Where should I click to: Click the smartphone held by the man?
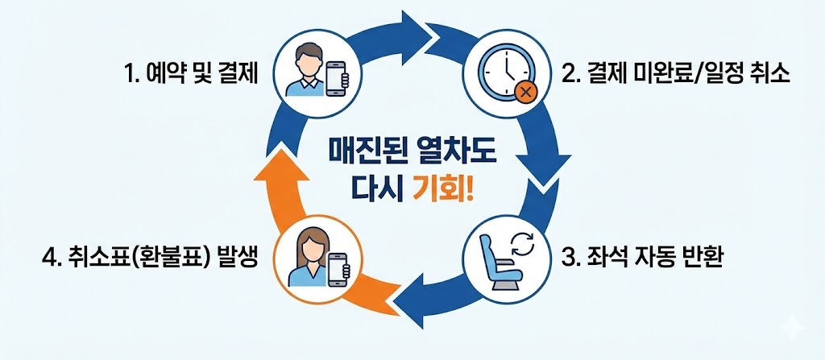[338, 77]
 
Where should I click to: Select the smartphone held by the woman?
[338, 269]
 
